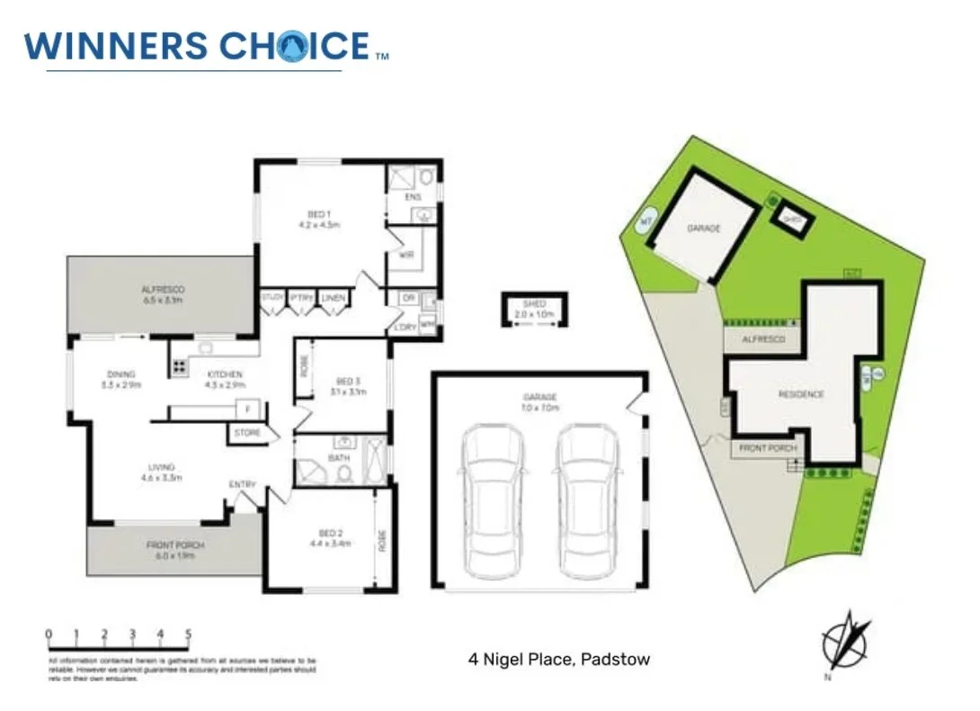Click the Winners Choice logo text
pyautogui.click(x=197, y=46)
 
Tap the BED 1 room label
pyautogui.click(x=318, y=220)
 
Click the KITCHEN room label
pyautogui.click(x=225, y=380)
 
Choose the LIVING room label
pyautogui.click(x=162, y=472)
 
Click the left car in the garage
pyautogui.click(x=493, y=502)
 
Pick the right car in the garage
pyautogui.click(x=587, y=502)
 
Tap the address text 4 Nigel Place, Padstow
pyautogui.click(x=558, y=660)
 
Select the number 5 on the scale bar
pyautogui.click(x=188, y=634)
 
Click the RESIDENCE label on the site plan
pyautogui.click(x=801, y=394)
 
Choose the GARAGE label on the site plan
pyautogui.click(x=704, y=229)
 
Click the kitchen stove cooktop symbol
pyautogui.click(x=178, y=366)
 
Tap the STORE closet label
pyautogui.click(x=247, y=433)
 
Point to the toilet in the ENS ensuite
pyautogui.click(x=425, y=175)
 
